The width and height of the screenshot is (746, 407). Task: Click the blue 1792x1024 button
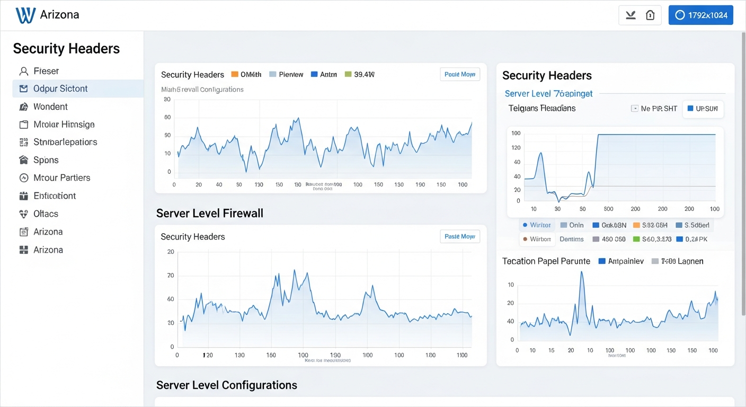pos(700,15)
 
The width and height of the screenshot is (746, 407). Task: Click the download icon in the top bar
pos(630,15)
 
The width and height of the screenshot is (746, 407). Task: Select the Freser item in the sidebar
pos(46,71)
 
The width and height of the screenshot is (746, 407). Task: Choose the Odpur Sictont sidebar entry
pos(60,89)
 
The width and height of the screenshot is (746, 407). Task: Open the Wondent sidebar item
pos(50,107)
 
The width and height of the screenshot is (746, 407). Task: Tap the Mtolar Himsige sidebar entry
pos(64,125)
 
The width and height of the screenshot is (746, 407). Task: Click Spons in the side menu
pos(46,160)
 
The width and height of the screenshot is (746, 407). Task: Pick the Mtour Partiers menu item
pos(61,178)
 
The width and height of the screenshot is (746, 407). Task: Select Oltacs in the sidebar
pos(46,214)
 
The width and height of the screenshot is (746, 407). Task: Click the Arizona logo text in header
pos(59,15)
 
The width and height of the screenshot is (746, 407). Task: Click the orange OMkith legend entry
pos(246,75)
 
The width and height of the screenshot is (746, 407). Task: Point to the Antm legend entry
pos(324,75)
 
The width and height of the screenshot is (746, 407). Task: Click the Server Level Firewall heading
pos(210,213)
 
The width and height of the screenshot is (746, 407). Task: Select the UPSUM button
pos(703,109)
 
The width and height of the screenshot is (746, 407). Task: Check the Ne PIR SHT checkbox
pos(635,109)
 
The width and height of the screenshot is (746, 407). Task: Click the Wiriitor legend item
pos(537,225)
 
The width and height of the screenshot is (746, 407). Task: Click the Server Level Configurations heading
pos(227,385)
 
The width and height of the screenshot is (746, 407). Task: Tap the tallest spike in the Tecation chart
pos(582,272)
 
